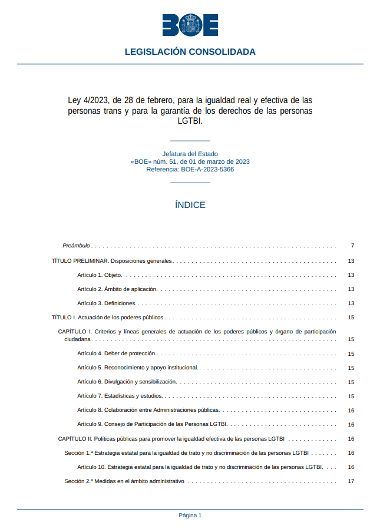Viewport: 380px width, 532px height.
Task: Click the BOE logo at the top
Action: click(x=190, y=25)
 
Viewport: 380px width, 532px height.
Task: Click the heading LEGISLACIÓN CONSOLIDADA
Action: click(x=190, y=52)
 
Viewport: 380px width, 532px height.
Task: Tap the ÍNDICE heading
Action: click(x=190, y=205)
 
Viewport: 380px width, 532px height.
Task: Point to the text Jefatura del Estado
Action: click(x=190, y=154)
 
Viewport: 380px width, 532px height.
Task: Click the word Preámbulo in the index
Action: click(x=76, y=245)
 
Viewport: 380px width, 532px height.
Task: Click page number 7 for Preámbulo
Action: click(x=352, y=245)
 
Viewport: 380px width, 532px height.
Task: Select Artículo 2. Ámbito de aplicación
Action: click(x=117, y=289)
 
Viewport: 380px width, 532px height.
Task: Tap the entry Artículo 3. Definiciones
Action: click(x=107, y=303)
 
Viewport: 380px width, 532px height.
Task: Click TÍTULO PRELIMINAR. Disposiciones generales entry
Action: click(x=112, y=260)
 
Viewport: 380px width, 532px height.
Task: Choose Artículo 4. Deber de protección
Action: click(x=117, y=353)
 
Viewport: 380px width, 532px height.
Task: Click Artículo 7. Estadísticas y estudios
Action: click(x=120, y=396)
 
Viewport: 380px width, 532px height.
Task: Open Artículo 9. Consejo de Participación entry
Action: click(x=152, y=424)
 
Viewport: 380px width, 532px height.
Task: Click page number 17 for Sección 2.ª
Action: click(x=351, y=481)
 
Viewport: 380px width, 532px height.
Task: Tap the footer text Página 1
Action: click(x=190, y=515)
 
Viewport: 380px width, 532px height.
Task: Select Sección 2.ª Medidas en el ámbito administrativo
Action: click(x=124, y=481)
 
